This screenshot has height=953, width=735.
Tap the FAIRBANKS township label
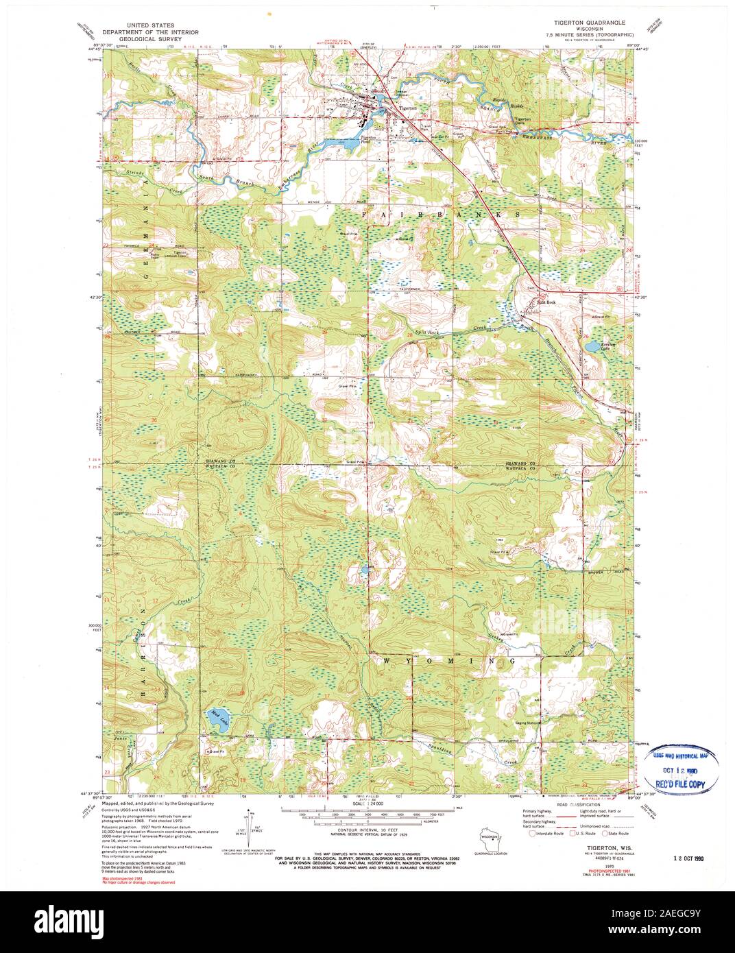(x=439, y=215)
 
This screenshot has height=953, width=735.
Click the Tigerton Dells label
(x=523, y=120)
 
